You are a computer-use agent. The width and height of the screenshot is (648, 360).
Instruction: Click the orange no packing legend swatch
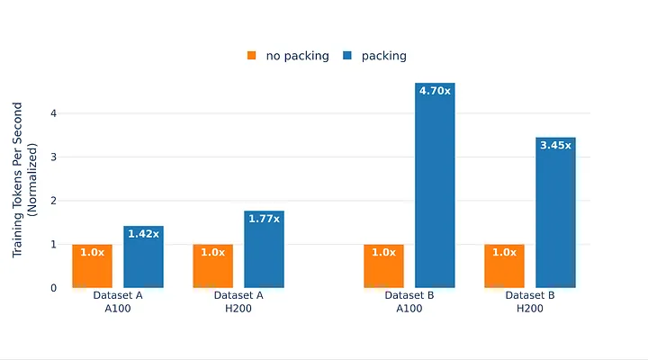click(x=252, y=56)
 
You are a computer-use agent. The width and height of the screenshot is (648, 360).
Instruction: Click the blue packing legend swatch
click(x=346, y=56)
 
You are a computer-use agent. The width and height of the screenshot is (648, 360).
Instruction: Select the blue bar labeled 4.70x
click(x=435, y=185)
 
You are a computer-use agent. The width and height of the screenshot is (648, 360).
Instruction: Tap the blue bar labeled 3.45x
click(x=555, y=212)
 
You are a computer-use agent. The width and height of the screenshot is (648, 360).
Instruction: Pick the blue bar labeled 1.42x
click(x=143, y=256)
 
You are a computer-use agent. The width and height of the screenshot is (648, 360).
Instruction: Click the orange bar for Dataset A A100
click(x=92, y=265)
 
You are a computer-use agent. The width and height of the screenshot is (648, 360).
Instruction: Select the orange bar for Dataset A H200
click(x=212, y=265)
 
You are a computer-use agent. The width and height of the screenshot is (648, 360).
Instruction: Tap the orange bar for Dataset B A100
click(x=383, y=265)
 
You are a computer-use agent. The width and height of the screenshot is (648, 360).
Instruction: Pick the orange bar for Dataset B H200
click(x=504, y=265)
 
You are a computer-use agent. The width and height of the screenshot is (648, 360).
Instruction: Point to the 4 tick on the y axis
click(x=53, y=113)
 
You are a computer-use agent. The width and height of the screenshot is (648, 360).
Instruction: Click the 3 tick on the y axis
click(x=53, y=157)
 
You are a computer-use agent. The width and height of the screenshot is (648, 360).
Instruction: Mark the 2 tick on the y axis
click(x=53, y=201)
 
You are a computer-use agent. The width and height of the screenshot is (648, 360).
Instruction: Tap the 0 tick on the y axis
click(x=53, y=288)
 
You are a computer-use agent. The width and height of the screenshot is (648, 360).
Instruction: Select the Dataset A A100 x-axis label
click(x=118, y=301)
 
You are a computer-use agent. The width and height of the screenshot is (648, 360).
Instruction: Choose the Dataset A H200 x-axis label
click(x=238, y=301)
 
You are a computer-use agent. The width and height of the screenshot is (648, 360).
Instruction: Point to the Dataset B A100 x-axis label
click(x=409, y=301)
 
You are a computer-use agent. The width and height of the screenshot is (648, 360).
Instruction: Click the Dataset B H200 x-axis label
click(x=530, y=301)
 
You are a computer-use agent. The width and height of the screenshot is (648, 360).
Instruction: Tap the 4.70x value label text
click(x=435, y=90)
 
